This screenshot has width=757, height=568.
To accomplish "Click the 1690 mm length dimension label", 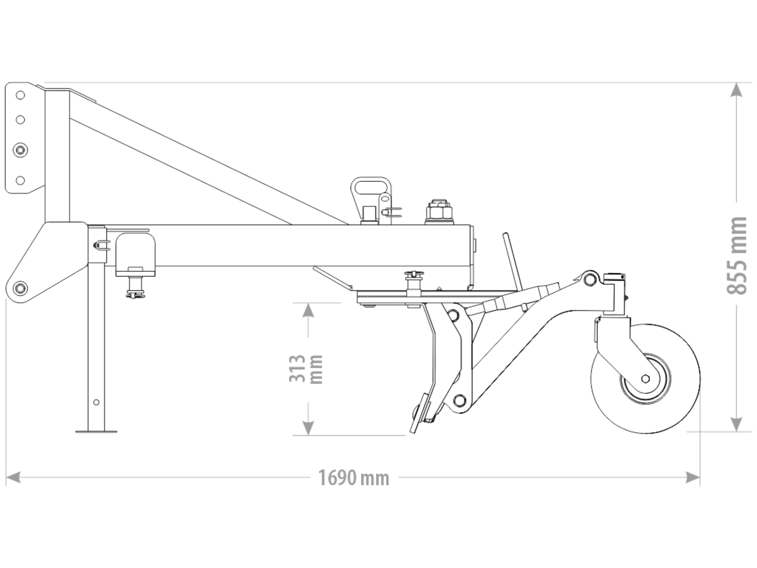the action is coord(353,478).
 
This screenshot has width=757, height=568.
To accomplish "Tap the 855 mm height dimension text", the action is coord(736,255).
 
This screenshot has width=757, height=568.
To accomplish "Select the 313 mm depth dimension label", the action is coord(306,369).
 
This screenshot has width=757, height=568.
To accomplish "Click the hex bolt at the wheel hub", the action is coord(645,379).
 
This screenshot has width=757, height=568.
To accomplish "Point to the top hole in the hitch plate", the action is coord(20,95).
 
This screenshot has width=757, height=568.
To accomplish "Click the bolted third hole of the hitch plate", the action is coord(20,150).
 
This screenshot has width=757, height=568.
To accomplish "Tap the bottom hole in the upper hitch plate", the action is coord(20,180).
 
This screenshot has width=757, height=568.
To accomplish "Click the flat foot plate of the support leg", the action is coord(96,432).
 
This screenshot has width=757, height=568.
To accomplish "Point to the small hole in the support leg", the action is coord(96,402).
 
